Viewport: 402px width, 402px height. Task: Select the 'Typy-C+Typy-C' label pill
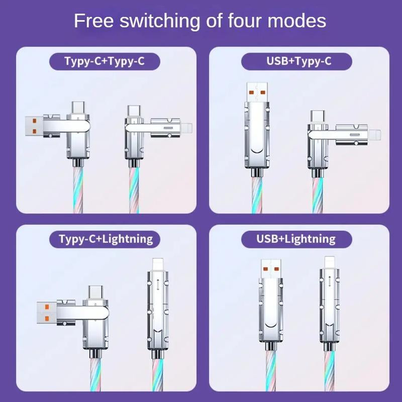click(105, 62)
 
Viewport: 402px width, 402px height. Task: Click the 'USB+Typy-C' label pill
click(296, 62)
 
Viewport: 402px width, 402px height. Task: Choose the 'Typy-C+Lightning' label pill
click(106, 238)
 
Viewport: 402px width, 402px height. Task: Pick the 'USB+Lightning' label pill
click(296, 238)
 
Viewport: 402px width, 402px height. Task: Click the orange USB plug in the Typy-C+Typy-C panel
click(34, 127)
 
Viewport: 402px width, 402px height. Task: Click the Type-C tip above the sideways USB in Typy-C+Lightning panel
click(94, 292)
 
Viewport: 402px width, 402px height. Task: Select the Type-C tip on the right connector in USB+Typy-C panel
click(317, 116)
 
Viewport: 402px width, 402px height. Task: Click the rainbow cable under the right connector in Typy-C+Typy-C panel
click(135, 193)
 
